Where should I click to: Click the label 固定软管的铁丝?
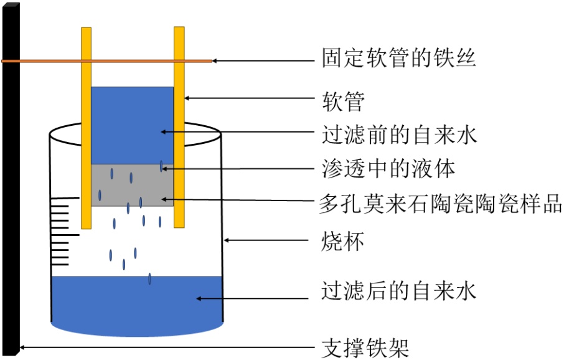coord(398,59)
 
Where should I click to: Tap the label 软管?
coord(343,100)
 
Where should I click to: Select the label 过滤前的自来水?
coord(398,134)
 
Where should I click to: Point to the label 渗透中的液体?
coord(389,168)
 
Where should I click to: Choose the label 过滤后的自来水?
coord(398,290)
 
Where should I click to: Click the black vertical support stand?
coord(11,187)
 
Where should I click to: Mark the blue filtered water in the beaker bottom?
coord(137,305)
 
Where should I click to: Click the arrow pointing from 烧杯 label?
coord(268,240)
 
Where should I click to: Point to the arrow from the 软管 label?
coord(249,98)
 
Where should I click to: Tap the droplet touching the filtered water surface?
coord(150,279)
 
